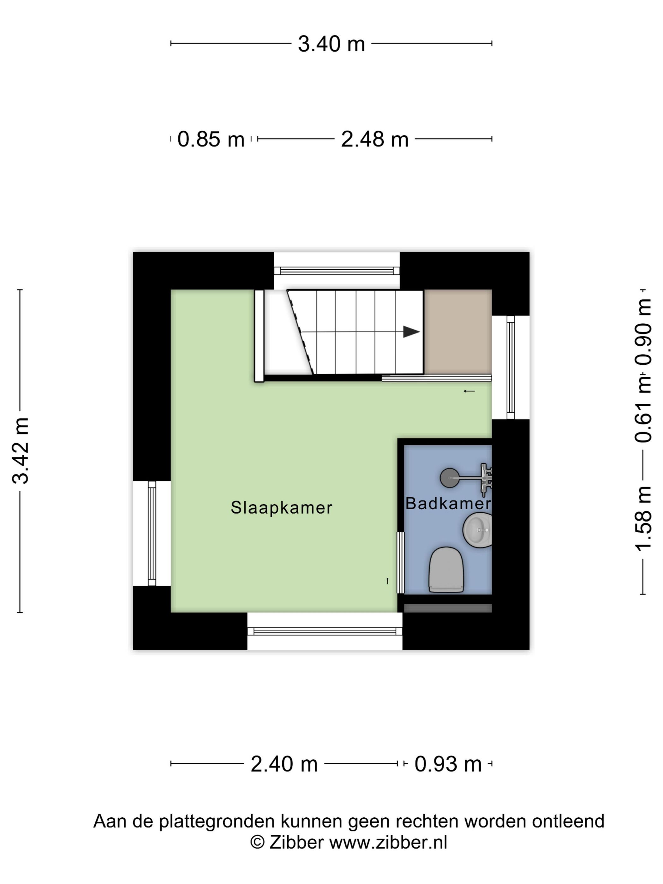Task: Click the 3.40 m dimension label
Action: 331,44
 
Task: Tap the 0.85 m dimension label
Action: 211,140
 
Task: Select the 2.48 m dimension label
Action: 374,140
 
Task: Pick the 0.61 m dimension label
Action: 643,409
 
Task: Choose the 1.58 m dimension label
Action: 643,519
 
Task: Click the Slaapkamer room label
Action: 281,508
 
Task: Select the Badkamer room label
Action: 448,503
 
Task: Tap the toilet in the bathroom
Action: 446,570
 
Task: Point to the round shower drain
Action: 450,478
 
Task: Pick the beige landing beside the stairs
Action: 457,332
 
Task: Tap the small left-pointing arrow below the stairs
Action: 469,391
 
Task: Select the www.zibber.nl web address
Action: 388,842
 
